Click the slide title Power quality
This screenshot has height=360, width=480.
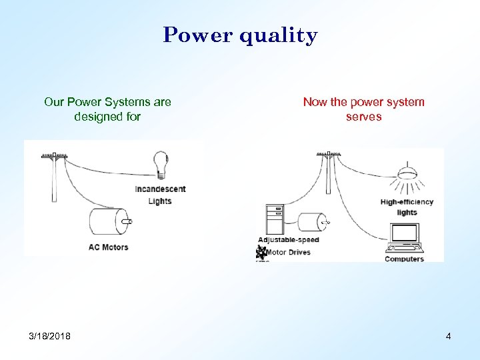[240, 35]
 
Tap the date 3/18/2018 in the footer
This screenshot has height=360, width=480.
[49, 335]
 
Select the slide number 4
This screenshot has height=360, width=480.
[448, 336]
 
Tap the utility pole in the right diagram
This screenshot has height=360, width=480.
[328, 175]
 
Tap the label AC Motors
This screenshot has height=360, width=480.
[108, 247]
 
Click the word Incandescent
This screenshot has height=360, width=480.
[160, 189]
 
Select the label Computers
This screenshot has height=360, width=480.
[404, 259]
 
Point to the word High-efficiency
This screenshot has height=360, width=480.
[407, 202]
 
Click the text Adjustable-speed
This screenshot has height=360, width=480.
[289, 240]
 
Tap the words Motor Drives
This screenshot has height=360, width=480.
[288, 253]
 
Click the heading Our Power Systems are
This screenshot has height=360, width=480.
[107, 102]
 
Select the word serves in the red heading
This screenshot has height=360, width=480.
[363, 117]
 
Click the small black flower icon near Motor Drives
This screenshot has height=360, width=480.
[261, 253]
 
